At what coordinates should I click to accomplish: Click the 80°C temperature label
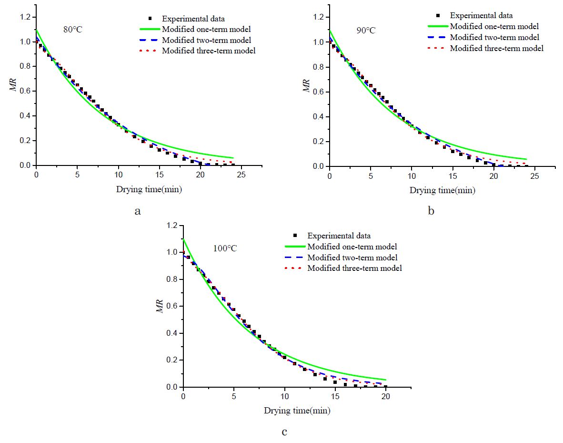[x=73, y=30]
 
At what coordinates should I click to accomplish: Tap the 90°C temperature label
[x=366, y=31]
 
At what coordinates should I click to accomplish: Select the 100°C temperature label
[x=224, y=248]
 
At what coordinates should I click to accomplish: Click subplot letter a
[x=138, y=210]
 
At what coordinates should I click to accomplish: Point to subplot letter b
[x=431, y=210]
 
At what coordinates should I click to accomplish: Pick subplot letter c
[x=284, y=432]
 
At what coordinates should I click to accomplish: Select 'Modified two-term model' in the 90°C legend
[x=494, y=37]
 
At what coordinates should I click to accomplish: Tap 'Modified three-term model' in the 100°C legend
[x=354, y=268]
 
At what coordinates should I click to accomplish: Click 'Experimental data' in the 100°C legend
[x=339, y=236]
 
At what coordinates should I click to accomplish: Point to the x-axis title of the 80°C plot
[x=149, y=189]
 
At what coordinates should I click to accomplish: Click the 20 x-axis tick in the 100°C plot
[x=386, y=397]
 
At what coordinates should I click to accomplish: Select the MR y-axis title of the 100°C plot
[x=161, y=306]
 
